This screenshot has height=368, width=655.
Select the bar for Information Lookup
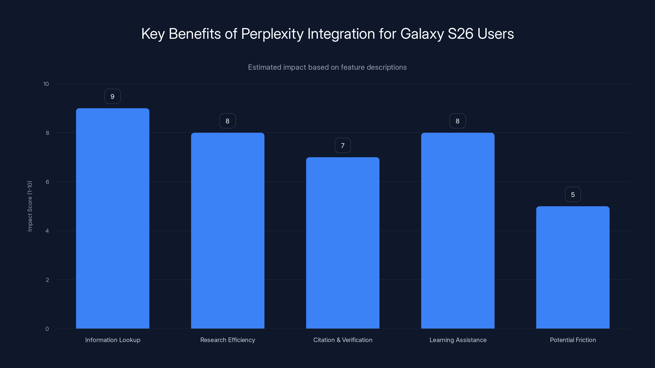pyautogui.click(x=113, y=218)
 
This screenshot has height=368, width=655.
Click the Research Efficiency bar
pyautogui.click(x=228, y=231)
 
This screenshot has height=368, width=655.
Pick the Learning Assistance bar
pyautogui.click(x=458, y=231)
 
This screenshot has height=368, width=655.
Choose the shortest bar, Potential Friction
pyautogui.click(x=573, y=267)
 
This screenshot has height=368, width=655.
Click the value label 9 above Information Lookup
pyautogui.click(x=112, y=96)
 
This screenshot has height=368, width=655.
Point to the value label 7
pyautogui.click(x=342, y=146)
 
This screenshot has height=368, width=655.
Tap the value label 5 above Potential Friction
pyautogui.click(x=573, y=195)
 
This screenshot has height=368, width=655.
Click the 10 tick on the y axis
pyautogui.click(x=46, y=84)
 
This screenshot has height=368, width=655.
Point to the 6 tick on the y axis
pyautogui.click(x=47, y=182)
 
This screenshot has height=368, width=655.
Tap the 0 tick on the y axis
pyautogui.click(x=47, y=329)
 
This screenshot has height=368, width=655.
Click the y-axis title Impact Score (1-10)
pyautogui.click(x=30, y=206)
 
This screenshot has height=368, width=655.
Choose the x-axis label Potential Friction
pyautogui.click(x=573, y=340)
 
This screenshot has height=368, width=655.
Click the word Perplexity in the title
pyautogui.click(x=272, y=34)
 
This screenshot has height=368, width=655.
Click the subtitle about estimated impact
pyautogui.click(x=327, y=67)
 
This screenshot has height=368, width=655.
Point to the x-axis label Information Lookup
pyautogui.click(x=113, y=340)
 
